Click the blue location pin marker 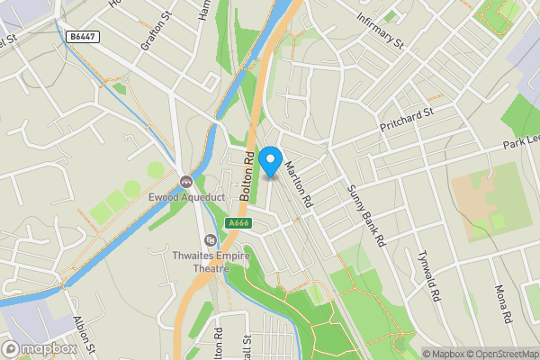click(x=269, y=162)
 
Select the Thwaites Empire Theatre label click(x=211, y=261)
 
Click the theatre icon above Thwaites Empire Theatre click(x=211, y=240)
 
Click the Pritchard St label click(x=407, y=118)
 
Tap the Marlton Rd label click(x=298, y=180)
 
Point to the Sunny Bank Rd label click(x=366, y=216)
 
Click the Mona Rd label click(x=502, y=303)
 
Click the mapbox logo click(x=40, y=348)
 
